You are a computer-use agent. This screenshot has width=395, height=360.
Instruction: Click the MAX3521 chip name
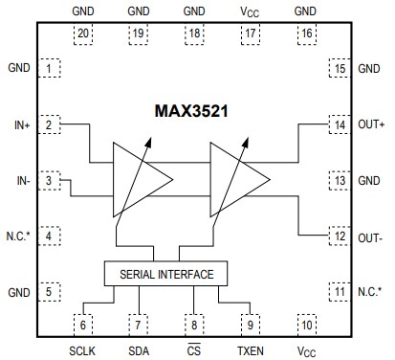(196, 112)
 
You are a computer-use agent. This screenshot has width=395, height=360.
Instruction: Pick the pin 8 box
(195, 325)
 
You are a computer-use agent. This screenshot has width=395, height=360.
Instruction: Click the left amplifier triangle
(140, 179)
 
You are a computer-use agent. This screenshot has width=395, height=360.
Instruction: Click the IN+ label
(21, 124)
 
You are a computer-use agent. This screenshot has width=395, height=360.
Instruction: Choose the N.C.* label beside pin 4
(19, 236)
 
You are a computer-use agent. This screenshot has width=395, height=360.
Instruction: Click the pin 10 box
(306, 325)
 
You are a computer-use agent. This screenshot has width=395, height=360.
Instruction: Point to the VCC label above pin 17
(252, 11)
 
